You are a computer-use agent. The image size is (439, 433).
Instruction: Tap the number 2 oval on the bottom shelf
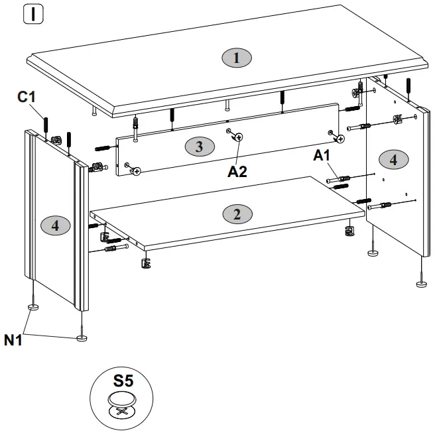[x=237, y=214]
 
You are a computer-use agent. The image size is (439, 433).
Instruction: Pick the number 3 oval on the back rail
[x=199, y=146]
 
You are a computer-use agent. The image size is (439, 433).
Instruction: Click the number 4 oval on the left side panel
[x=56, y=225]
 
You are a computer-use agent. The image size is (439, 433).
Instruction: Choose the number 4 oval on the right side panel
[x=393, y=159]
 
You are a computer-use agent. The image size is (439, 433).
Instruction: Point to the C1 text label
[x=27, y=97]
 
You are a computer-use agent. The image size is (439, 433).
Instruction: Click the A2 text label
[x=237, y=172]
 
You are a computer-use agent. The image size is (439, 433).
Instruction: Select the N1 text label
[x=14, y=341]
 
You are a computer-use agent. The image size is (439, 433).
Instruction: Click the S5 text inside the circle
[x=123, y=381]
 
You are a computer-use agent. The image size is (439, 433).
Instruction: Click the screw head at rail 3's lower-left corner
[x=137, y=171]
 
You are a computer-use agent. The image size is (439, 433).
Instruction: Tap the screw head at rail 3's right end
[x=340, y=139]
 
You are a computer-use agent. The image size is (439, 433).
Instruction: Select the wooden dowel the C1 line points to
[x=46, y=125]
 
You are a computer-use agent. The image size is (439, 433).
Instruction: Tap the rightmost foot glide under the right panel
[x=420, y=284]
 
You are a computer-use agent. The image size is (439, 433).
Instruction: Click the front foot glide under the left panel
[x=82, y=338]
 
